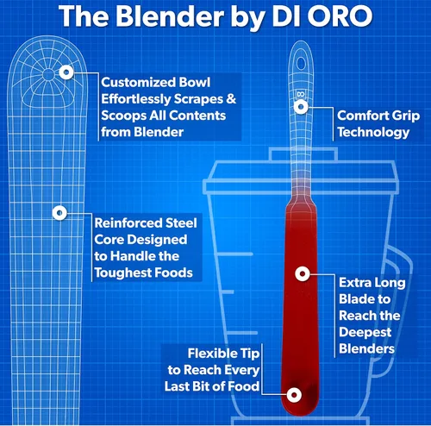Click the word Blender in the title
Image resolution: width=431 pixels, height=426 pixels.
click(170, 16)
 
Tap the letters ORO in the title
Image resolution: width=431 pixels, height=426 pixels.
click(340, 16)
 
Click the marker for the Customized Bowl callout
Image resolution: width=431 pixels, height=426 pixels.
click(66, 72)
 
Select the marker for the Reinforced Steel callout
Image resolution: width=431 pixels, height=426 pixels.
click(59, 213)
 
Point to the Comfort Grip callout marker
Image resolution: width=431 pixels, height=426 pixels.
click(301, 107)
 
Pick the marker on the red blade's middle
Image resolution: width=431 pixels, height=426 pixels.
click(303, 273)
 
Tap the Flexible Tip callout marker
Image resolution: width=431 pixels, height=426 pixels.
click(294, 395)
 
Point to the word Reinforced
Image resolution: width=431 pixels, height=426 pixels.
click(125, 223)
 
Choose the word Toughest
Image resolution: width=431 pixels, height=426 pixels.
click(123, 273)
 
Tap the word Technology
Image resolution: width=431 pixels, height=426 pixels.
click(373, 133)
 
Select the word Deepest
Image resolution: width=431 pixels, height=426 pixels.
click(365, 333)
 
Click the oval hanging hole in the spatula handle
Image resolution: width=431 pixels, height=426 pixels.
click(301, 63)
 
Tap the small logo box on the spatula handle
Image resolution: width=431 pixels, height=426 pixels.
click(301, 94)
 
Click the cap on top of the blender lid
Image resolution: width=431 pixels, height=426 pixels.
click(303, 154)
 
